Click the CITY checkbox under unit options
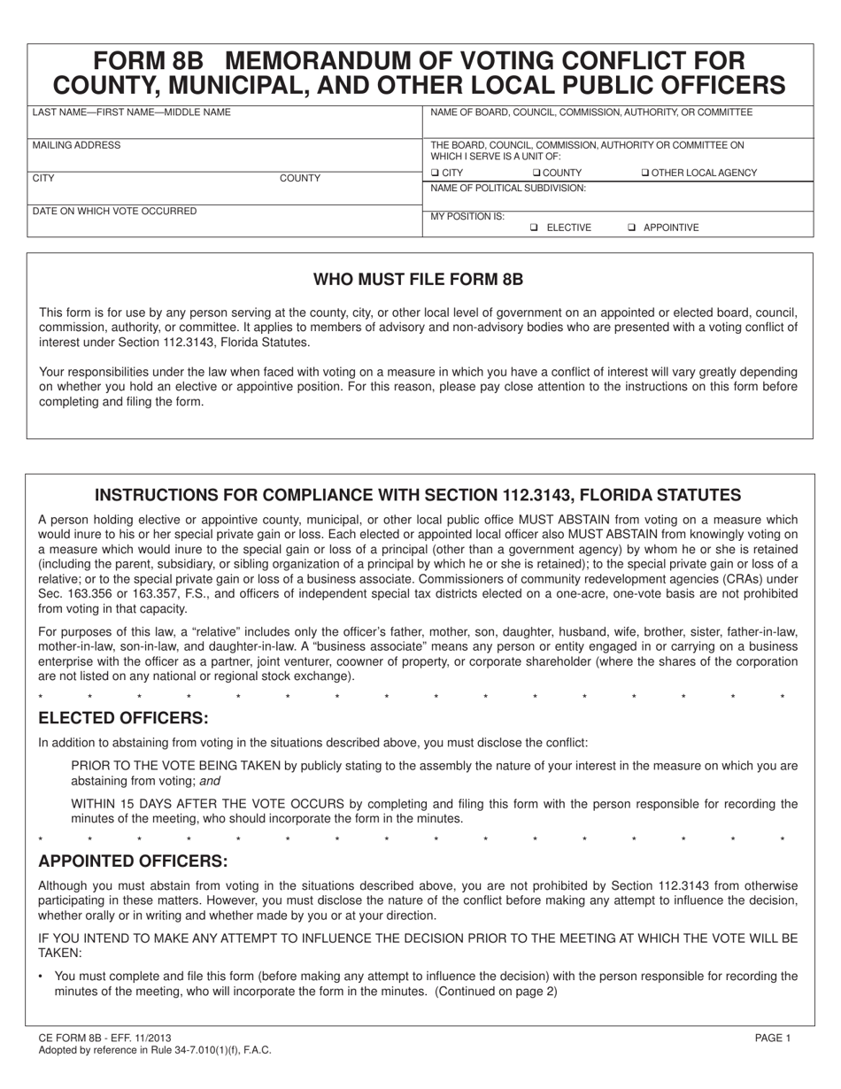[435, 173]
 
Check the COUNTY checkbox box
[536, 173]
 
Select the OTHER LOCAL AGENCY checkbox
[644, 173]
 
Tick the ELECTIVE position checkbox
[534, 228]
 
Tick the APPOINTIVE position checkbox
[631, 228]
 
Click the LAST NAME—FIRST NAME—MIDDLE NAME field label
[131, 112]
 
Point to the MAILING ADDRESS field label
[76, 145]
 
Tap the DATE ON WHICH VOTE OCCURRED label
[114, 212]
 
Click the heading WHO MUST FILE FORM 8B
[419, 280]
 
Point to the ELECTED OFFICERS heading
[123, 717]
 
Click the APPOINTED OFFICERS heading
[133, 861]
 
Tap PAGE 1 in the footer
[772, 1038]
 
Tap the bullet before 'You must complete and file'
[42, 977]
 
